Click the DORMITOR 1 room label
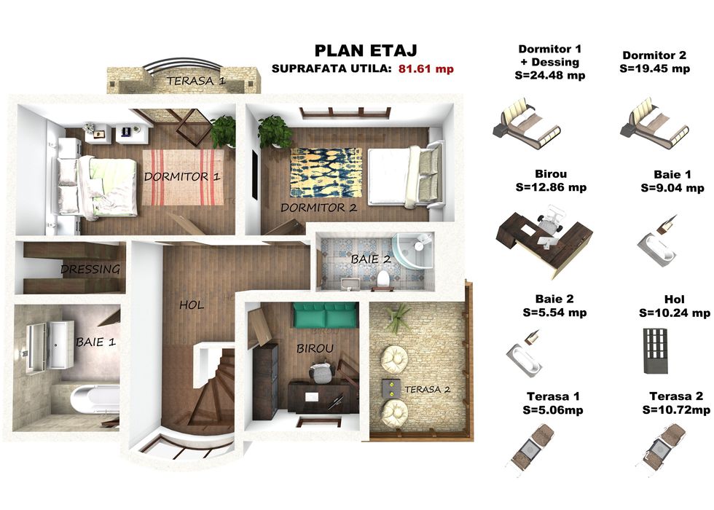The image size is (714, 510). [x=182, y=176]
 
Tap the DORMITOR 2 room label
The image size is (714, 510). [x=319, y=208]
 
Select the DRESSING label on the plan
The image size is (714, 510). [x=90, y=269]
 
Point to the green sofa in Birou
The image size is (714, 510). [x=324, y=315]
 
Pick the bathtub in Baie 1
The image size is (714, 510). [x=95, y=399]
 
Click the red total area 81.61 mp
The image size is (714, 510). [x=425, y=68]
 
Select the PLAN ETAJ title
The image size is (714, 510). [x=366, y=50]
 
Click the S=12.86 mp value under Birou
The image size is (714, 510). [x=551, y=187]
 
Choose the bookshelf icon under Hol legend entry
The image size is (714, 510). [x=656, y=350]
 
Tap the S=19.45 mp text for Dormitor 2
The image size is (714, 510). [x=654, y=68]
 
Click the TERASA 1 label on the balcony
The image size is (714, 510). [x=196, y=81]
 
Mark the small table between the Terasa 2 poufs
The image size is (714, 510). [x=391, y=387]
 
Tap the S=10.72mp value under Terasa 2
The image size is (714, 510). [x=676, y=409]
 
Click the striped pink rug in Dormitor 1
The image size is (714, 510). [x=184, y=177]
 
